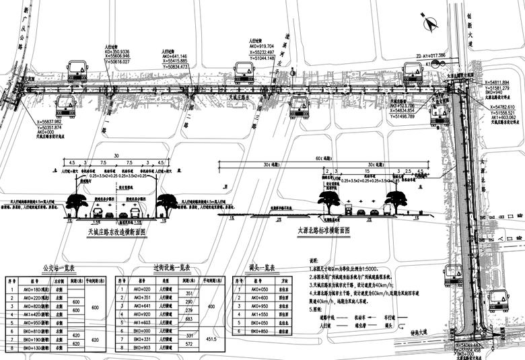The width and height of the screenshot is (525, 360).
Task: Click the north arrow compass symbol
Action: coord(428,22)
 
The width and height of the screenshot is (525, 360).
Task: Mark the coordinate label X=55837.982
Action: coord(45,121)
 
